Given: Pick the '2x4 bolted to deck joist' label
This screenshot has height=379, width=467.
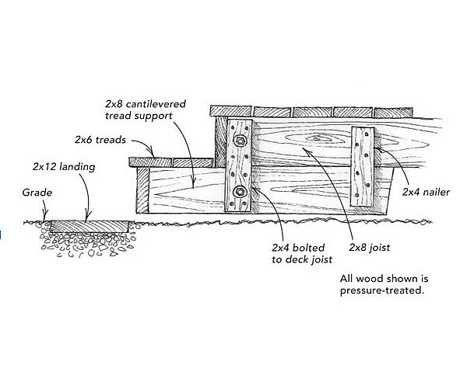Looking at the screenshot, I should [x=294, y=254].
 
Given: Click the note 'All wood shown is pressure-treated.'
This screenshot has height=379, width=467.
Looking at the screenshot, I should [x=382, y=283].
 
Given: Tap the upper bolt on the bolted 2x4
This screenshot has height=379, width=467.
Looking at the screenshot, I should [x=239, y=142].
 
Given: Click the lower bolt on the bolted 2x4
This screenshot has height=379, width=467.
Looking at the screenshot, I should [x=240, y=191].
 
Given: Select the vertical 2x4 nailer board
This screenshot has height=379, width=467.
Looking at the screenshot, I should [x=362, y=168].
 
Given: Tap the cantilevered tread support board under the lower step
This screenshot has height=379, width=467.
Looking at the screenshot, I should [x=187, y=190].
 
